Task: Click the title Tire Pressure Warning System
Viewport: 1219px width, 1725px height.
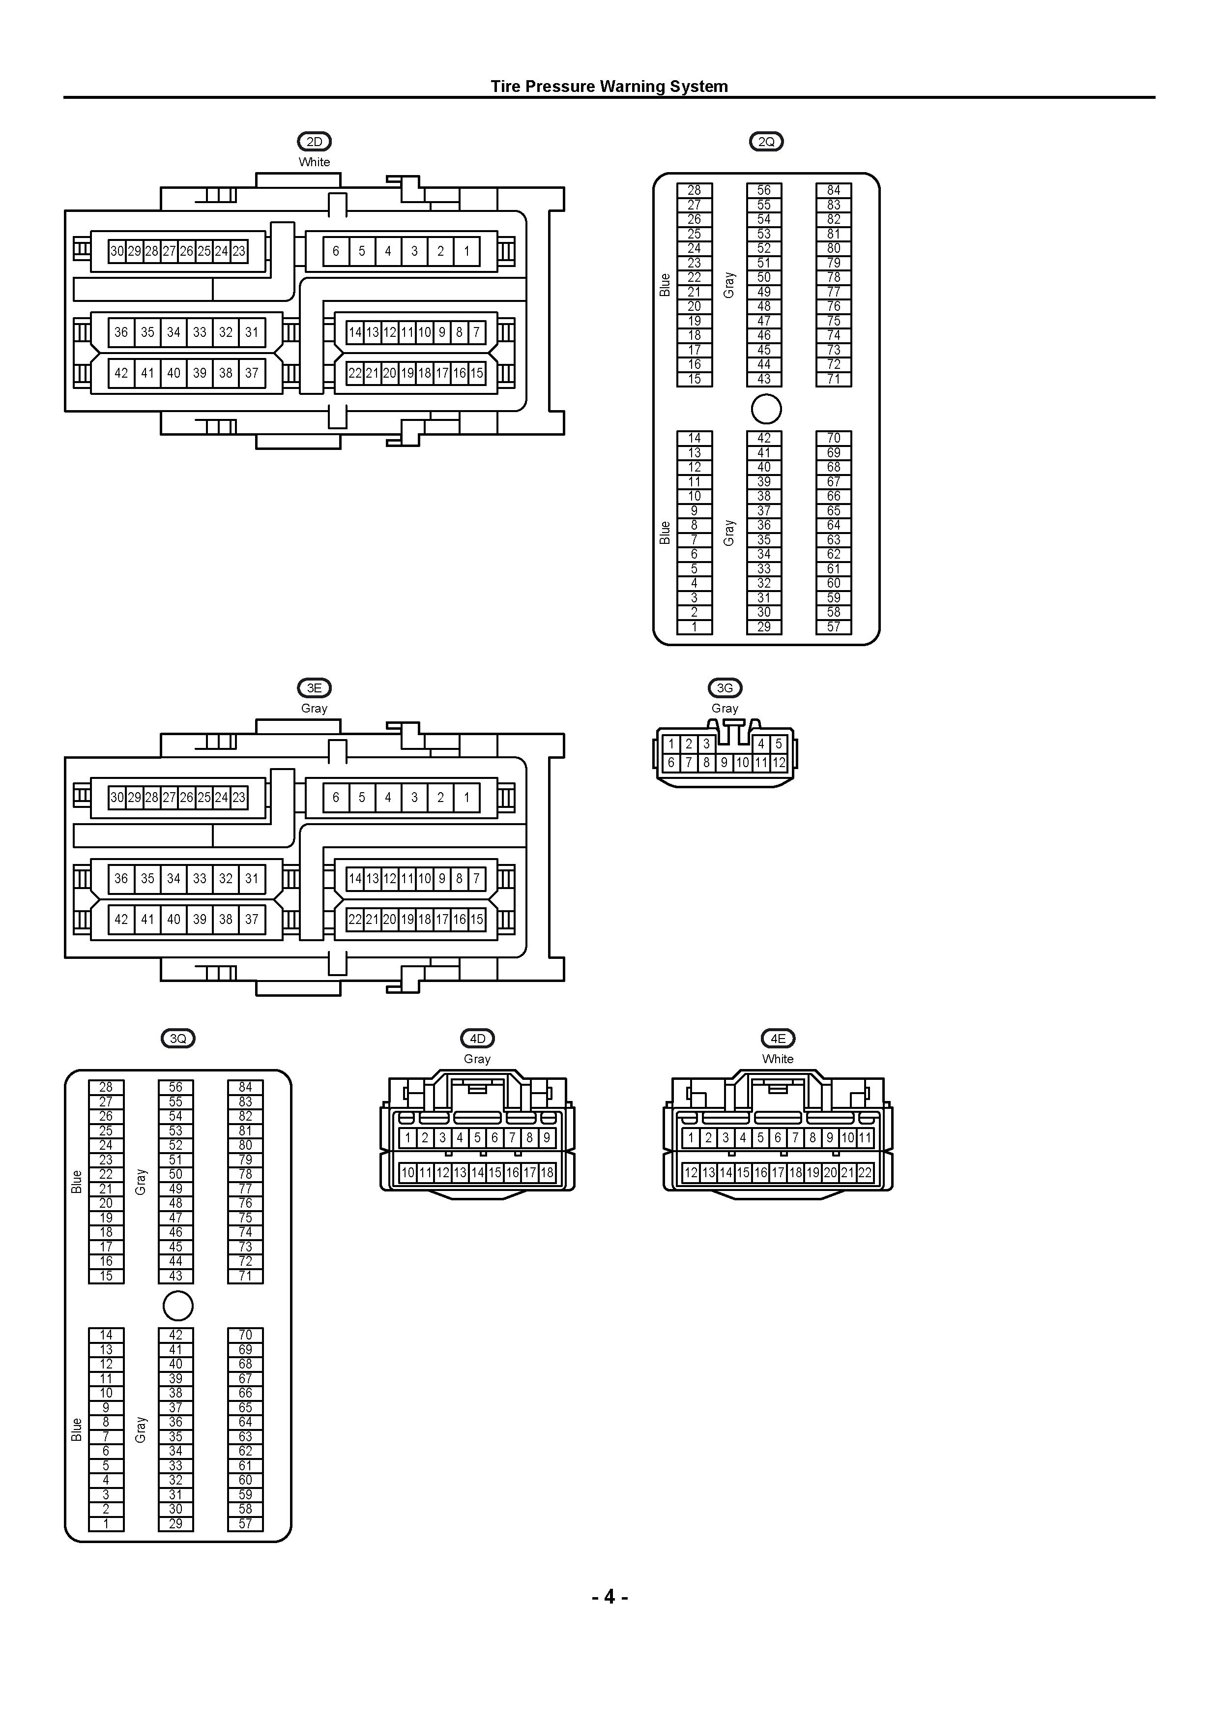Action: [x=609, y=87]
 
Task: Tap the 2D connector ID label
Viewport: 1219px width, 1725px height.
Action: [x=314, y=141]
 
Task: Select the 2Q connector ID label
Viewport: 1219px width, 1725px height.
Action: [x=766, y=141]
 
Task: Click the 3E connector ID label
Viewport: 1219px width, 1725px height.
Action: [x=314, y=687]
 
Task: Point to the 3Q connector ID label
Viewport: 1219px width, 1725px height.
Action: [x=178, y=1039]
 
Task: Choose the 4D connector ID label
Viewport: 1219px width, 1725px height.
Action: [x=478, y=1039]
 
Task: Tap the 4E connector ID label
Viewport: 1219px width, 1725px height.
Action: [x=778, y=1039]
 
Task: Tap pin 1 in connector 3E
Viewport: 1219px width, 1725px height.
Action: [x=466, y=797]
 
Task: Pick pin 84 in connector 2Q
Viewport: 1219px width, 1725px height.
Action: [x=834, y=190]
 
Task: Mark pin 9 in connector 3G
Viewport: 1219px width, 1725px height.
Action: [x=724, y=763]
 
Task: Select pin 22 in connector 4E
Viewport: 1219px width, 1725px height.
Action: [x=865, y=1172]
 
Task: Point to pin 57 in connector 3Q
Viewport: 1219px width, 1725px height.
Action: [x=246, y=1524]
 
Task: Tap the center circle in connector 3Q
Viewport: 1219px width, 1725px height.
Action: [x=178, y=1306]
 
